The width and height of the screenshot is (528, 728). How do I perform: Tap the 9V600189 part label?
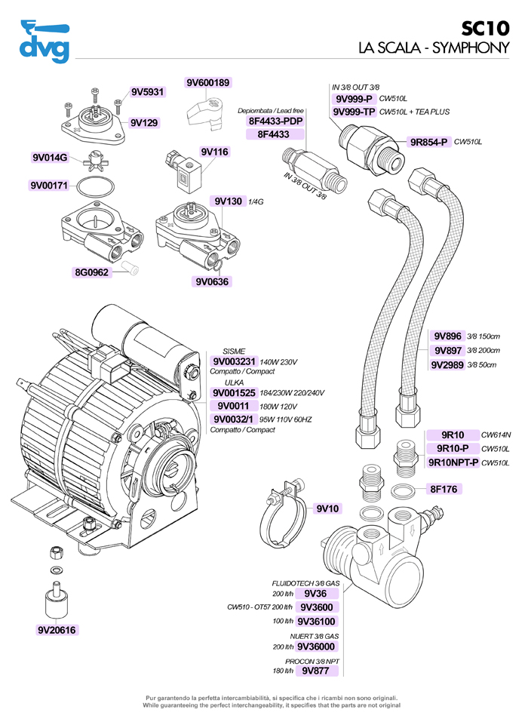(x=207, y=82)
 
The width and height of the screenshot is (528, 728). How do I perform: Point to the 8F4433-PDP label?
(x=275, y=121)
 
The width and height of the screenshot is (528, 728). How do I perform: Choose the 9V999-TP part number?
(x=354, y=112)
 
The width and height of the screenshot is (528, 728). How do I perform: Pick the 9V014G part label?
(x=50, y=158)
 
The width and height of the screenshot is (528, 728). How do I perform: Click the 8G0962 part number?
(x=91, y=272)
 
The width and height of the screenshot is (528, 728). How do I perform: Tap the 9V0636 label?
(x=212, y=282)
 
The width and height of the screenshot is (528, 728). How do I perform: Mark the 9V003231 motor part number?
(x=235, y=361)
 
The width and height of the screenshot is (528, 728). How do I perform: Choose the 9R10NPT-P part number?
(x=453, y=462)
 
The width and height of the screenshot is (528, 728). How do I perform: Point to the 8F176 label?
(x=445, y=489)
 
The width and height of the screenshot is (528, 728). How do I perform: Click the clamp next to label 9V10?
(x=281, y=512)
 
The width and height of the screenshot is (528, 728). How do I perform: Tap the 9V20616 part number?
(x=58, y=630)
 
